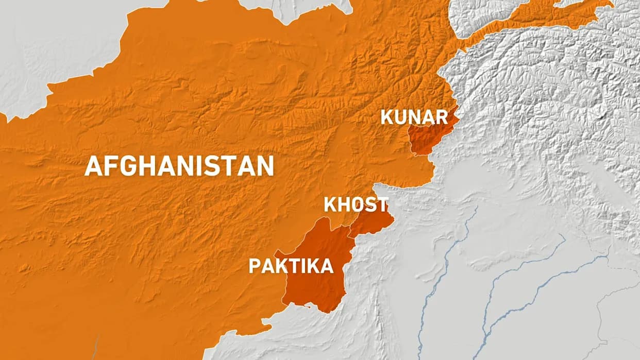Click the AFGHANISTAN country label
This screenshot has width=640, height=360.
(x=179, y=166)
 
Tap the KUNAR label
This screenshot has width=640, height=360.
(x=414, y=117)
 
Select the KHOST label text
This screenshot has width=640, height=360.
(x=356, y=204)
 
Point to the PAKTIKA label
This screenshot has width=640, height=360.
(x=291, y=266)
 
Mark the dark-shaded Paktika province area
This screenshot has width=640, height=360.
(x=314, y=288)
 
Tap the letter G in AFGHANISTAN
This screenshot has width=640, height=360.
(x=127, y=166)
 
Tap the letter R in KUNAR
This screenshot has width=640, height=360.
(x=441, y=117)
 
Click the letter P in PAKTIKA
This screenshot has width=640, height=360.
(x=254, y=266)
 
